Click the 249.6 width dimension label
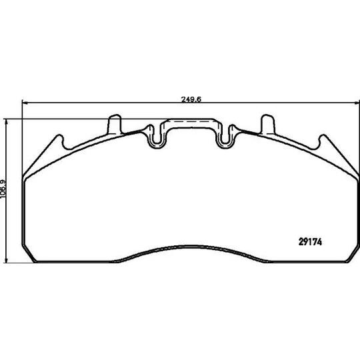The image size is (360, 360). tap(191, 99)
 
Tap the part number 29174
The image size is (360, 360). tap(310, 242)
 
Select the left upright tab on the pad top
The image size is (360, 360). tap(115, 124)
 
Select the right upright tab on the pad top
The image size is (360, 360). tap(268, 124)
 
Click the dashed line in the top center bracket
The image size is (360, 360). tap(191, 121)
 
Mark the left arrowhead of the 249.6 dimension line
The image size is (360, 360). tap(25, 103)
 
